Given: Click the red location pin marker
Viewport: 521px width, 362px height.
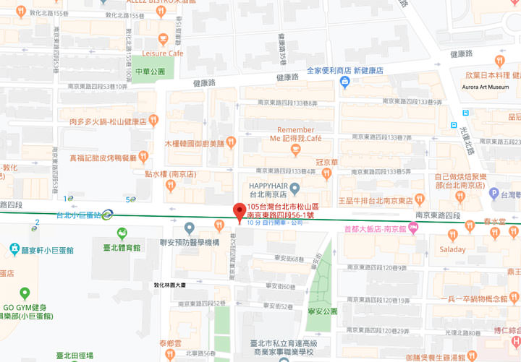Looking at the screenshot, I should click(x=239, y=212).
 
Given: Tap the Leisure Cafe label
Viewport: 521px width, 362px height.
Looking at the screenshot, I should click(x=163, y=53).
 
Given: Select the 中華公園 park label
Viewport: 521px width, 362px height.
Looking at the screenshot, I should click(x=150, y=72).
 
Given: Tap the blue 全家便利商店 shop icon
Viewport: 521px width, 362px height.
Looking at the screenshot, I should click(x=345, y=82).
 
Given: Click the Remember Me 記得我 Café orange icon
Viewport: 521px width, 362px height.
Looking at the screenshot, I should click(x=295, y=150).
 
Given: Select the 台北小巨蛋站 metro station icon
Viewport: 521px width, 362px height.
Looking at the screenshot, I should click(x=107, y=214).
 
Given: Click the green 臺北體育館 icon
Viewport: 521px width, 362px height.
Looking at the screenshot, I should click(x=122, y=233).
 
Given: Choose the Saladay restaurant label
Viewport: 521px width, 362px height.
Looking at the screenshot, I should click(x=453, y=249).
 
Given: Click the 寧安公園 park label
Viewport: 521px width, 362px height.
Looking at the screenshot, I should click(x=321, y=312).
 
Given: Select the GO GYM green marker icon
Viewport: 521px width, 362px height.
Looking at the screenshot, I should click(x=25, y=293).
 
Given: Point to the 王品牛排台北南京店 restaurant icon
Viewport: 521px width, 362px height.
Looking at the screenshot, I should click(x=419, y=199).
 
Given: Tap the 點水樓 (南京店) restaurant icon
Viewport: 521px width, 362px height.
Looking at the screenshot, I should click(x=170, y=186).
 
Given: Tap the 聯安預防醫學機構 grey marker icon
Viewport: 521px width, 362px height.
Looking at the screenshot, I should click(x=190, y=229).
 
